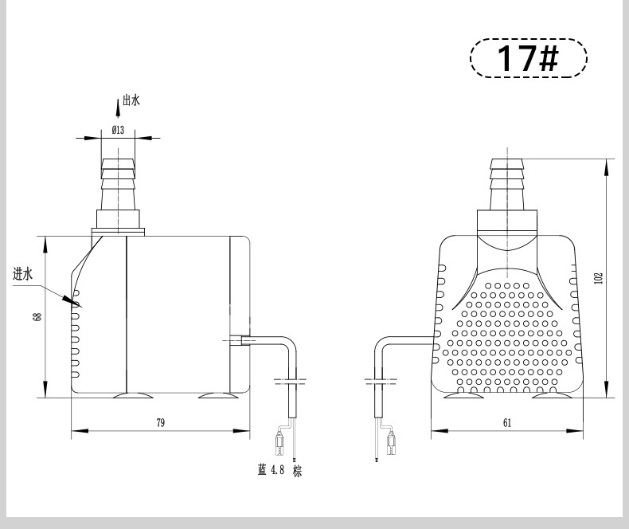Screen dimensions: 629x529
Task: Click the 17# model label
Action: pyautogui.click(x=528, y=58)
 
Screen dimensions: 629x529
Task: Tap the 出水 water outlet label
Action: pyautogui.click(x=131, y=100)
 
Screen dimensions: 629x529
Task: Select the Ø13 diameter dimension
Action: pyautogui.click(x=118, y=130)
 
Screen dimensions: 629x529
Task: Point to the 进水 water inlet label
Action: pyautogui.click(x=22, y=275)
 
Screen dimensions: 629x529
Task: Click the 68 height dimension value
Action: pyautogui.click(x=38, y=317)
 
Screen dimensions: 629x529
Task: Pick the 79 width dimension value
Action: pyautogui.click(x=160, y=422)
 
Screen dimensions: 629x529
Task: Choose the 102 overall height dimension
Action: pyautogui.click(x=599, y=278)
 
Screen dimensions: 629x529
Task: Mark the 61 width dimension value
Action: pyautogui.click(x=507, y=422)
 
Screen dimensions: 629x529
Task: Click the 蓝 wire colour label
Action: pyautogui.click(x=262, y=469)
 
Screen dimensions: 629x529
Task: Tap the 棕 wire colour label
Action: pyautogui.click(x=297, y=471)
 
